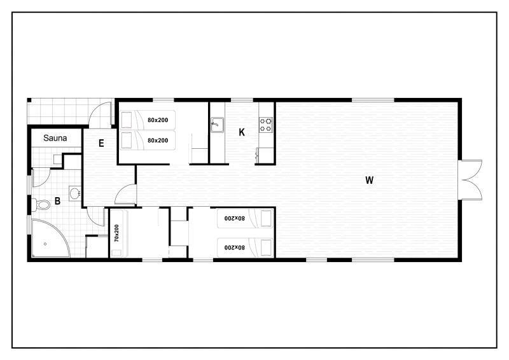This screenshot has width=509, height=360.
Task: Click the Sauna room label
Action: point(55,138)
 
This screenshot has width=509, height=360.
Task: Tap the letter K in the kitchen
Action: point(242,132)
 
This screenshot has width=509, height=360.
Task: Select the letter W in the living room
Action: point(369,180)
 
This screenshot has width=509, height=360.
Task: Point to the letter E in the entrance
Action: point(101,143)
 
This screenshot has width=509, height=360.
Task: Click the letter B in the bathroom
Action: point(57,201)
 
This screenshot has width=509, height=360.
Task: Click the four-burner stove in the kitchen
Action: point(266,125)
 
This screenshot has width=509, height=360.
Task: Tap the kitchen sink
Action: point(217,125)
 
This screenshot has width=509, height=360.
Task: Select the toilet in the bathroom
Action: point(41,205)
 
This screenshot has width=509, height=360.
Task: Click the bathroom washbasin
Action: point(75,194)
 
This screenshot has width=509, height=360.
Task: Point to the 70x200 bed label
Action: point(116,233)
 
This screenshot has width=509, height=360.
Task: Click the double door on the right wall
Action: point(470,179)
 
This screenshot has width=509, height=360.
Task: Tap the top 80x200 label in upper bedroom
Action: point(158,120)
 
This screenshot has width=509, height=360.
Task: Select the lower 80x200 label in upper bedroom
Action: point(158,141)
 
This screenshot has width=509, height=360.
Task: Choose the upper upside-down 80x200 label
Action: point(234,218)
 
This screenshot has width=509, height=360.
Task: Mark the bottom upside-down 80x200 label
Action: point(234,247)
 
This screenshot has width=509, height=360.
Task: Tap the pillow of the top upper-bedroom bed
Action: point(127,120)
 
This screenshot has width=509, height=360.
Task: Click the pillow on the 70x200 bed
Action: point(116,253)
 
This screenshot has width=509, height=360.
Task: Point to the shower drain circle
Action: point(45,244)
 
